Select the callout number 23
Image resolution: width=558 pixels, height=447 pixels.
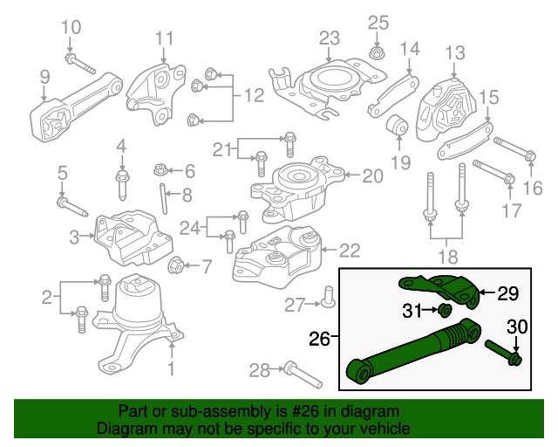pyautogui.click(x=329, y=38)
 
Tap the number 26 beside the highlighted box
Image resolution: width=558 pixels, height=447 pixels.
pyautogui.click(x=320, y=336)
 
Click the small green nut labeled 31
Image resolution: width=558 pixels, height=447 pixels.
pyautogui.click(x=444, y=311)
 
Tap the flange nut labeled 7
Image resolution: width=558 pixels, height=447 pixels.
pyautogui.click(x=174, y=265)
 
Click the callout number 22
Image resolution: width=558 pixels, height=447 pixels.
pyautogui.click(x=349, y=251)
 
